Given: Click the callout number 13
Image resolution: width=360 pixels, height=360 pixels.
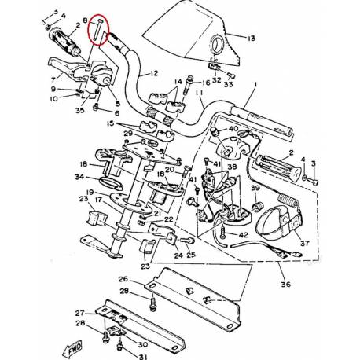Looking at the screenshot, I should (252, 38).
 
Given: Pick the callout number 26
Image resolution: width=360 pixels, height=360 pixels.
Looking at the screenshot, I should (123, 279).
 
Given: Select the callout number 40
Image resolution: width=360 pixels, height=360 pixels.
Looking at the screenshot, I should (233, 129).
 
